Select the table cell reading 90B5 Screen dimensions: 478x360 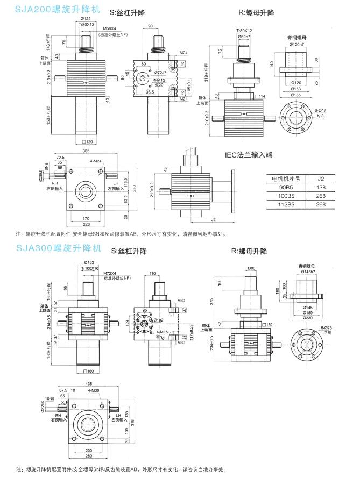point(286,187)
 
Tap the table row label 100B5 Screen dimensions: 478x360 point(286,196)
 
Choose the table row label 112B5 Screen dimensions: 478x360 point(286,204)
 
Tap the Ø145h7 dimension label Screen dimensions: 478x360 point(305,272)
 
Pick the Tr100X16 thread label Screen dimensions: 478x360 point(90,268)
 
